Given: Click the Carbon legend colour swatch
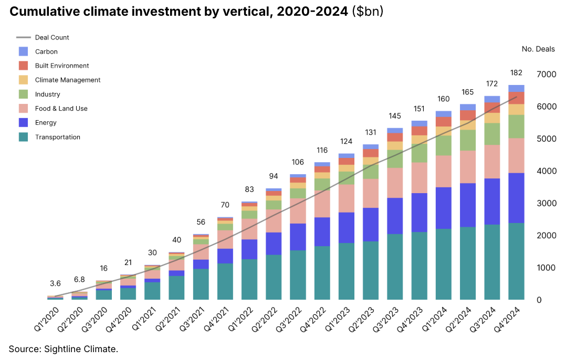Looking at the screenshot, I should click(x=23, y=51).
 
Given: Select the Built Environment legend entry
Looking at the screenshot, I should click(x=62, y=66).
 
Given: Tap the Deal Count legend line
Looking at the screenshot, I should click(x=23, y=37).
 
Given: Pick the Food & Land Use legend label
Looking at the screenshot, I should click(x=61, y=109).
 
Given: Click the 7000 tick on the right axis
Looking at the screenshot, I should click(x=546, y=75).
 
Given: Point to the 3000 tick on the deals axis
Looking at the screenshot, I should click(x=546, y=203).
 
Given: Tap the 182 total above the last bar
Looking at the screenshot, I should click(x=516, y=72).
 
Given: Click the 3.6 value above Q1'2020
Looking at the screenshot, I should click(x=55, y=284).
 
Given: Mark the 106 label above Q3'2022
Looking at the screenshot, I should click(x=298, y=162).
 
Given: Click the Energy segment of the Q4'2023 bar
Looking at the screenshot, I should click(x=419, y=213).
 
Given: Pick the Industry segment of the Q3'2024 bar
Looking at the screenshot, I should click(x=491, y=134).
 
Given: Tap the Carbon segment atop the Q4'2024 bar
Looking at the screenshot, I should click(x=516, y=88).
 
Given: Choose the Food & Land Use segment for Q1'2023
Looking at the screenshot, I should click(x=347, y=198).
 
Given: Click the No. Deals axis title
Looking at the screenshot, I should click(x=538, y=49).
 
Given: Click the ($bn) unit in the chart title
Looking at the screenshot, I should click(x=366, y=12).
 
